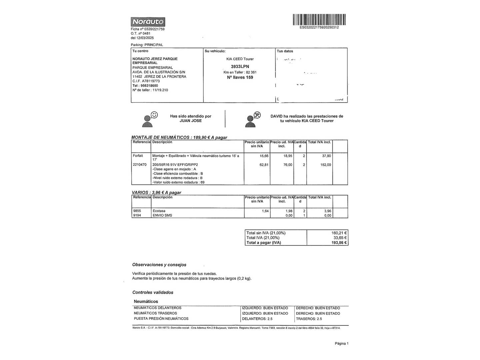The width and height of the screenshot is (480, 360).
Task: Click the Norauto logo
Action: coord(148,22)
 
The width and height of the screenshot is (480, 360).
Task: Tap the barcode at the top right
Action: coord(319,19)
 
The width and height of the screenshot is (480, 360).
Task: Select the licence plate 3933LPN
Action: coord(240,66)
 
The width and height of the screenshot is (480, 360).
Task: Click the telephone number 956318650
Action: coord(149,86)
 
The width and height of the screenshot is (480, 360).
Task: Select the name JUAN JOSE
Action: coord(191,121)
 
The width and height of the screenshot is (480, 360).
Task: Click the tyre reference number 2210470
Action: coord(140,165)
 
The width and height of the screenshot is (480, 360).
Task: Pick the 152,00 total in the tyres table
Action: coord(326,165)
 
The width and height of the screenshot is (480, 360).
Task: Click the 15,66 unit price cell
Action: coord(264,156)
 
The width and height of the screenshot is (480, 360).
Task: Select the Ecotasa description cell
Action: coord(159,211)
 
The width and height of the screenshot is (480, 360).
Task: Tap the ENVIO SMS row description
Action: coord(162,215)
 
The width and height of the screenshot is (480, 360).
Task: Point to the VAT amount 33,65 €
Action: coord(340,238)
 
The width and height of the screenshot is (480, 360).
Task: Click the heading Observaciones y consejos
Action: coord(159,265)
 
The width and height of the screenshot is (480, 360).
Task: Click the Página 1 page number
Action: coord(341,343)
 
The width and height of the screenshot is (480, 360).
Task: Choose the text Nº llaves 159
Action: coord(240,77)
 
